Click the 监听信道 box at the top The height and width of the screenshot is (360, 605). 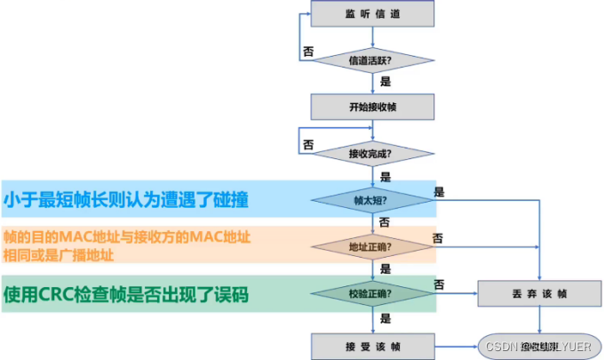click(x=372, y=14)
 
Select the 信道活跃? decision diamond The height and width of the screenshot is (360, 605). click(x=372, y=60)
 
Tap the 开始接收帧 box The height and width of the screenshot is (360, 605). click(x=372, y=107)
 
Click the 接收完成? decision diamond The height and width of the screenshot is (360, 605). click(x=372, y=154)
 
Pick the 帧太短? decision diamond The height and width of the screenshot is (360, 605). click(x=372, y=201)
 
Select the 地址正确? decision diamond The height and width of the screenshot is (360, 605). click(x=372, y=246)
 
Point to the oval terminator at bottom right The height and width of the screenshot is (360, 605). click(x=540, y=344)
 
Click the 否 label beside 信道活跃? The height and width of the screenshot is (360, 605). click(x=308, y=52)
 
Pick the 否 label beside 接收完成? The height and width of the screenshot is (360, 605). click(x=308, y=144)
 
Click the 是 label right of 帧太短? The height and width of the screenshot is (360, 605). click(x=439, y=191)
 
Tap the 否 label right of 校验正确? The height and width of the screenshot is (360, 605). click(x=439, y=284)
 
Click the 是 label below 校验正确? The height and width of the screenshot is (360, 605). click(x=386, y=316)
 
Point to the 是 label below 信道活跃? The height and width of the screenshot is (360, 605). click(x=386, y=81)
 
